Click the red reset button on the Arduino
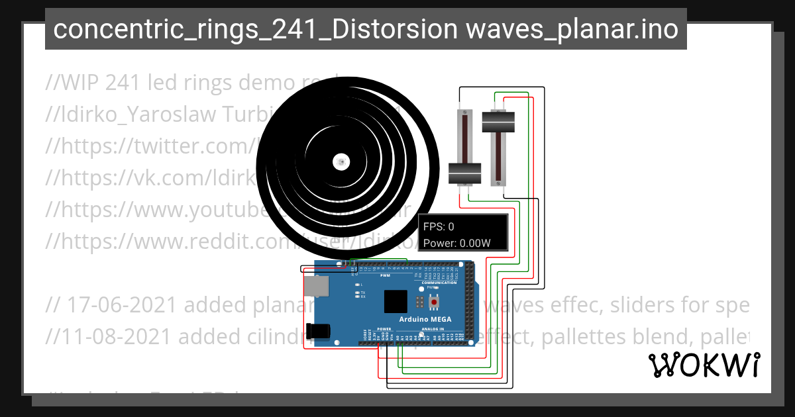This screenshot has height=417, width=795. (x=434, y=302)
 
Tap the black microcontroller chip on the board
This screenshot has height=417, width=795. (x=396, y=301)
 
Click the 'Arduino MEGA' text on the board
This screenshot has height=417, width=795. (x=425, y=319)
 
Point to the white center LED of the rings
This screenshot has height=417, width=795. (x=341, y=161)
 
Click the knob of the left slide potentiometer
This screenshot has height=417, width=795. (x=464, y=173)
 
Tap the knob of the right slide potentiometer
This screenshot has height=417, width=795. (x=498, y=122)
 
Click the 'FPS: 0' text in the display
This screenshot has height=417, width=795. (x=439, y=227)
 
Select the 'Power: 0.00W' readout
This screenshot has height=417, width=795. (x=457, y=243)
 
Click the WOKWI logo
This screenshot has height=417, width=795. (x=704, y=365)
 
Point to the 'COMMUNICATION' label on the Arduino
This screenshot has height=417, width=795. (x=440, y=283)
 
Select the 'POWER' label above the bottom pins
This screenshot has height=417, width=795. (x=384, y=328)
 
